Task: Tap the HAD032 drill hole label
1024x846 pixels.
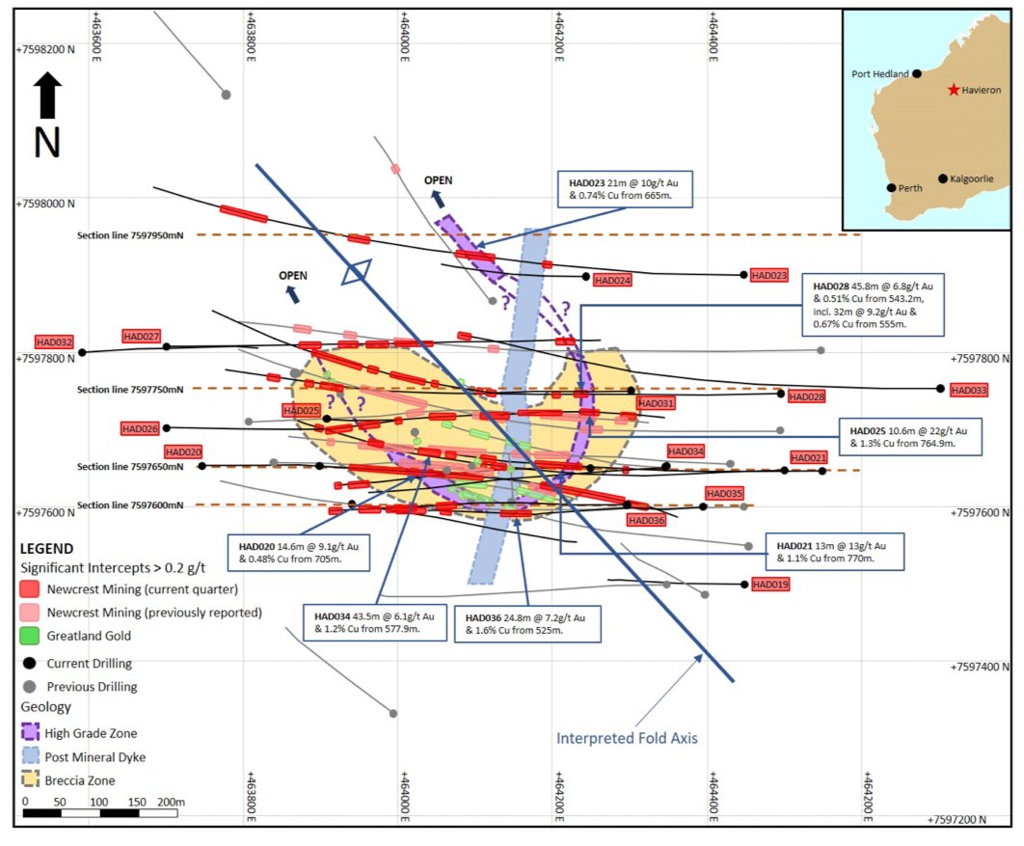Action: tap(54, 341)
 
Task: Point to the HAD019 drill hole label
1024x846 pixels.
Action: tap(769, 585)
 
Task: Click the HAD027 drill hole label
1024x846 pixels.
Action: tap(141, 336)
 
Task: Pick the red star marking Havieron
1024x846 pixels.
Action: tap(954, 90)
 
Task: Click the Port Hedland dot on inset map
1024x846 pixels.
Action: tap(917, 73)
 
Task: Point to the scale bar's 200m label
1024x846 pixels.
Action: tap(171, 803)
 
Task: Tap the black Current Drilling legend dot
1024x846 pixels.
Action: tap(30, 664)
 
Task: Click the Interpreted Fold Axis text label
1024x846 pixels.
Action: tap(626, 739)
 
